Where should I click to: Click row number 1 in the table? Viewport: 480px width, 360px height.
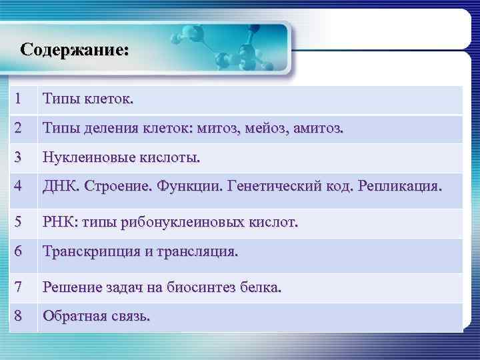coord(20,100)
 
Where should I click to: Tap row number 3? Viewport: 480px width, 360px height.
coord(20,158)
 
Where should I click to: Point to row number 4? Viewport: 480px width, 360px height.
coord(20,187)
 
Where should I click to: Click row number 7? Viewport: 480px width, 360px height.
coord(20,287)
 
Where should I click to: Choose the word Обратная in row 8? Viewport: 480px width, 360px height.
coord(73,317)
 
